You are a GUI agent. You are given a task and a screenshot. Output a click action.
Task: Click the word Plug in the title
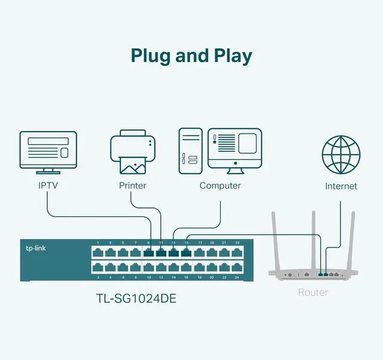click(x=151, y=56)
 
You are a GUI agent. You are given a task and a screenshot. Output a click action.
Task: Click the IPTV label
click(x=48, y=186)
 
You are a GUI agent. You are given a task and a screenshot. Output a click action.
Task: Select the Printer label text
click(x=132, y=186)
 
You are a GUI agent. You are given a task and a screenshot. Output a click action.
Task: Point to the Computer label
click(x=220, y=186)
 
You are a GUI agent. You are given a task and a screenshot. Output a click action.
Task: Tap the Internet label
click(x=341, y=186)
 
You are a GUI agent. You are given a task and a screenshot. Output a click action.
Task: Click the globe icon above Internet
click(x=341, y=154)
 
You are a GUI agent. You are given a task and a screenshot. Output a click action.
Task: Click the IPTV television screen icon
click(x=48, y=150)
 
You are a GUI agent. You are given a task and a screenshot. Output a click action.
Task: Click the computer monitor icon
click(x=235, y=147)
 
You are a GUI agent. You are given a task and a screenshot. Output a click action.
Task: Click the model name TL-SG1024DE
click(x=136, y=297)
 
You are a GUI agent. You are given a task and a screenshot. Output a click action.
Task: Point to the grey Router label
click(x=313, y=292)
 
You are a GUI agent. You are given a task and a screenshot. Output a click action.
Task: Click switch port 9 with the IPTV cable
click(x=148, y=252)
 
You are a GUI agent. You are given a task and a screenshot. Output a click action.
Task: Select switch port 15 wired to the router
click(x=186, y=252)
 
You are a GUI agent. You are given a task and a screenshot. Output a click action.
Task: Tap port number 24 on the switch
click(x=237, y=278)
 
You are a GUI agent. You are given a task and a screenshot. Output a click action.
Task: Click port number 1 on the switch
click(x=97, y=243)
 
